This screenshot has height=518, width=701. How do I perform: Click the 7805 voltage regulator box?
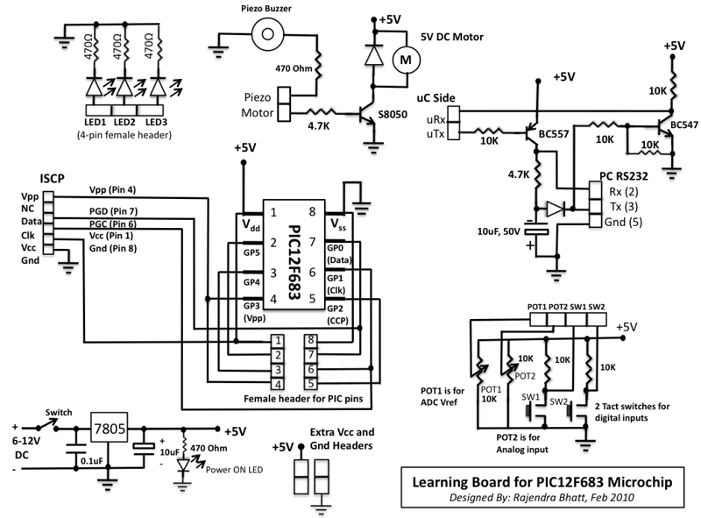[110, 428]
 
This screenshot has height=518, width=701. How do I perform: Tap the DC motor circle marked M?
[406, 60]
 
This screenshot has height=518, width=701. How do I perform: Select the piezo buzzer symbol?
[268, 33]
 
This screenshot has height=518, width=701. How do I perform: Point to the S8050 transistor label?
[393, 115]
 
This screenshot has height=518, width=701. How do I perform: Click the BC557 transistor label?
[554, 134]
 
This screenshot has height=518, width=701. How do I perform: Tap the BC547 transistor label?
[684, 124]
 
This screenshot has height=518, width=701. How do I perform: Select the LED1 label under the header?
[96, 122]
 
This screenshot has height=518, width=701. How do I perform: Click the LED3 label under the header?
[156, 122]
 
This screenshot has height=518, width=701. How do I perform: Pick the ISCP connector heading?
[53, 179]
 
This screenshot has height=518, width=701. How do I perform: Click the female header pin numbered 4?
[278, 384]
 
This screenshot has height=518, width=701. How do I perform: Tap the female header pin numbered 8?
[311, 340]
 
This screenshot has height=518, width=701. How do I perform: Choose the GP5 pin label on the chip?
[251, 252]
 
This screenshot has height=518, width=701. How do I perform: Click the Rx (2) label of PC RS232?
[624, 192]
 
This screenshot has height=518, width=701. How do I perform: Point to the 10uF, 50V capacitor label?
[499, 231]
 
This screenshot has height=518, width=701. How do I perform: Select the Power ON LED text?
[234, 470]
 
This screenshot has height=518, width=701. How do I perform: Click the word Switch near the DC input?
[59, 413]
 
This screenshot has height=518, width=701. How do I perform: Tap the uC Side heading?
[435, 98]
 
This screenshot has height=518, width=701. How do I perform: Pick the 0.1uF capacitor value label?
[92, 461]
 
